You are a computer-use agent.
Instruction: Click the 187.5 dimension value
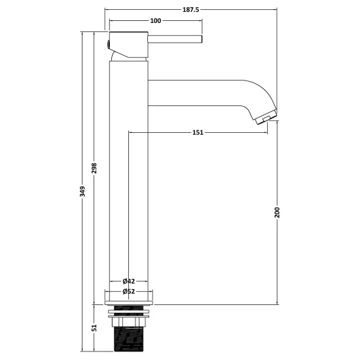(x=190, y=10)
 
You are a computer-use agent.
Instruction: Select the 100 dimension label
(x=155, y=21)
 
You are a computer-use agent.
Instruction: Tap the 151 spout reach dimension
(x=198, y=132)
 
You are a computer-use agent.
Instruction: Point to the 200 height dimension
(x=278, y=212)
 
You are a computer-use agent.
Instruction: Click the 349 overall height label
(x=82, y=192)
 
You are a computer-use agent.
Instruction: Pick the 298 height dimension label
(x=94, y=168)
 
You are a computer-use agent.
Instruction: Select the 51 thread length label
(x=94, y=328)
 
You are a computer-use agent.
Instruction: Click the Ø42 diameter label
(x=129, y=281)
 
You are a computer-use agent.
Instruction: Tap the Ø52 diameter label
(x=129, y=291)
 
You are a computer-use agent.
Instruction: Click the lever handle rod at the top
(x=175, y=39)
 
